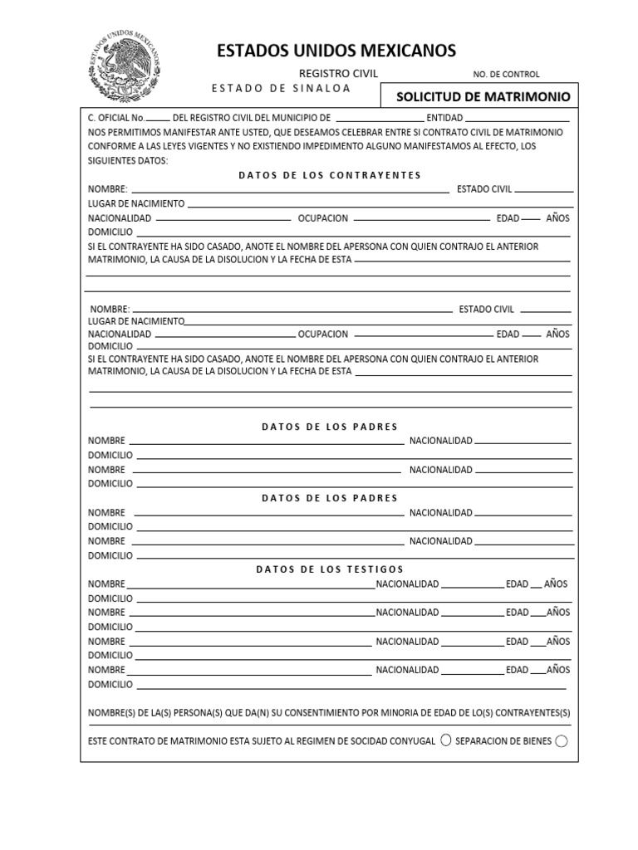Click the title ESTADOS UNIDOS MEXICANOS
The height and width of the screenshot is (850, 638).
coord(336,51)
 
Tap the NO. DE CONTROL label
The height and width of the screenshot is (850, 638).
coord(506,75)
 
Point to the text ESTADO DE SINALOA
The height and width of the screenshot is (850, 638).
coord(281,88)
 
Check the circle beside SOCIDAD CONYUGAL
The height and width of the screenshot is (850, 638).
coord(446,740)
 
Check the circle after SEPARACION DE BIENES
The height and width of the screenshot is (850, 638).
coord(561,741)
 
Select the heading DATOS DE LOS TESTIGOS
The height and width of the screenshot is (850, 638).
coord(330,569)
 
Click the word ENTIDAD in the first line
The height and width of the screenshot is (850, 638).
coord(441,118)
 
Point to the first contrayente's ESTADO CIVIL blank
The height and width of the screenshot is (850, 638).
coord(543,192)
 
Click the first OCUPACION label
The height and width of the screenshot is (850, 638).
coord(323,218)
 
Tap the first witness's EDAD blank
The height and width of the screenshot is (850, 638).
coord(536,588)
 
